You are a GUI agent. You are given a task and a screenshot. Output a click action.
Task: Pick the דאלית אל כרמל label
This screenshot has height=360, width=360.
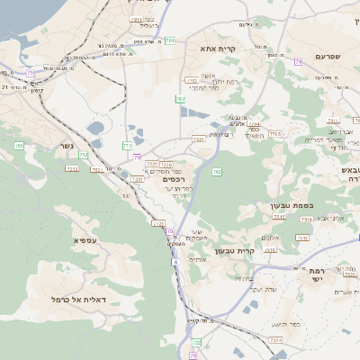click(x=78, y=299)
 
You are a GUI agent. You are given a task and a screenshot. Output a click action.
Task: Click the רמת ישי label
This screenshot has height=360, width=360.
click(x=321, y=274)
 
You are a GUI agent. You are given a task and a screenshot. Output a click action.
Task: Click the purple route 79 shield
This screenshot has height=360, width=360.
click(x=298, y=61)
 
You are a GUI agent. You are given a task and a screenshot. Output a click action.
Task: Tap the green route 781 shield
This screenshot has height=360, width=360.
click(x=169, y=40)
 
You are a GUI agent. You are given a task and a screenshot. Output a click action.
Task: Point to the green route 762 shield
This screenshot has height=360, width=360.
click(x=217, y=170)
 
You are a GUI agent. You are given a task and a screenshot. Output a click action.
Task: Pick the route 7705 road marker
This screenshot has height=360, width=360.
click(x=275, y=133)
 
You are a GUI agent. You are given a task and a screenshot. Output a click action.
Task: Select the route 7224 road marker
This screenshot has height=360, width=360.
click(x=166, y=165)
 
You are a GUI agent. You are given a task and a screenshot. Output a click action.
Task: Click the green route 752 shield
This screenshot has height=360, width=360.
click(x=84, y=155)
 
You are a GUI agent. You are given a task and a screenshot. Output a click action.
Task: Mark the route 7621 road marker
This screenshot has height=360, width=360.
click(x=198, y=139)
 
